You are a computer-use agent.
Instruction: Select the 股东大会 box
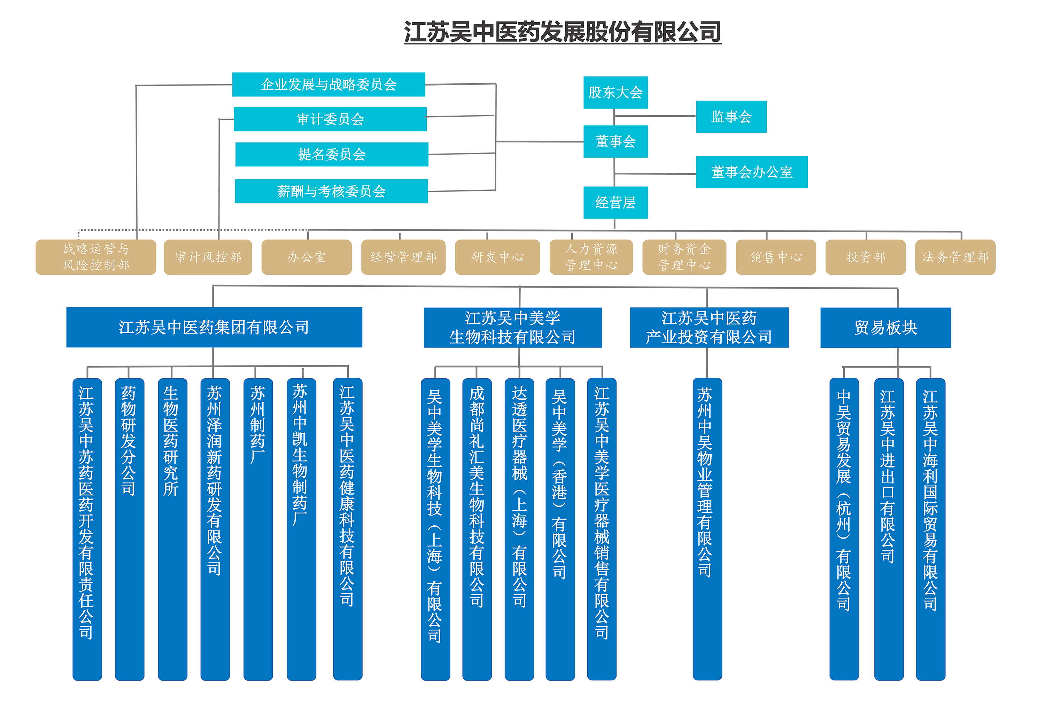tap(615, 92)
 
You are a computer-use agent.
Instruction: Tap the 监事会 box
tap(731, 117)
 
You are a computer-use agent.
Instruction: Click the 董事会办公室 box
tap(751, 172)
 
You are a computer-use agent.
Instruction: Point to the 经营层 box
tap(615, 203)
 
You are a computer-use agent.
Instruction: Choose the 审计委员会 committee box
tap(330, 119)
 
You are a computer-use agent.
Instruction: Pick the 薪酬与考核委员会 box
tap(331, 191)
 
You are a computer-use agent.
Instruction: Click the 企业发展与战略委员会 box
tap(328, 85)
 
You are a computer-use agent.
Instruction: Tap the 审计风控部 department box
tap(208, 257)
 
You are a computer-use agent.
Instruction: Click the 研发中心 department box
tap(497, 257)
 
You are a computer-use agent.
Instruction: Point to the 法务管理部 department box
tap(955, 257)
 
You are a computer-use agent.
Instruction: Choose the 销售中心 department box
tap(775, 257)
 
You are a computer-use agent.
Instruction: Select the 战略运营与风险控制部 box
tap(96, 257)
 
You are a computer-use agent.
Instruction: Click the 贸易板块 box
tap(885, 328)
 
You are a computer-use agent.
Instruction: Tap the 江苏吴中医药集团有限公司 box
tap(214, 328)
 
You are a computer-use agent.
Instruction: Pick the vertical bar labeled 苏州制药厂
tap(258, 529)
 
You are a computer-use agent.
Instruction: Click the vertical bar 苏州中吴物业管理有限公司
tap(707, 529)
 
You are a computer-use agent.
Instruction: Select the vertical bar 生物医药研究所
tap(172, 529)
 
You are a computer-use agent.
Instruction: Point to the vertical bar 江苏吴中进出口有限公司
tap(888, 529)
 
